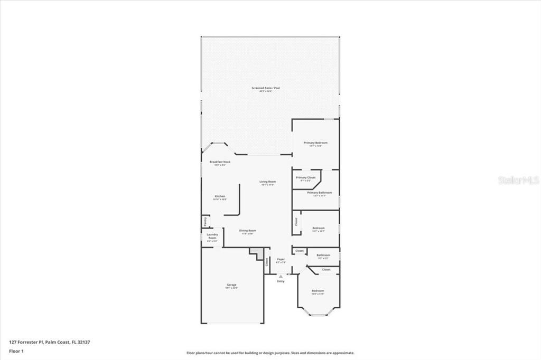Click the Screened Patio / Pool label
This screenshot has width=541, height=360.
(x=269, y=88)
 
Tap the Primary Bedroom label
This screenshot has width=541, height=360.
(x=315, y=143)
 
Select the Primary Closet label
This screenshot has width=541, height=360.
(x=305, y=178)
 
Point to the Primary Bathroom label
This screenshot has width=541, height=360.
(x=320, y=193)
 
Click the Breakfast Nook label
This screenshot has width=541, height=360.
(x=220, y=162)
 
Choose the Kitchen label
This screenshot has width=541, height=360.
(x=220, y=196)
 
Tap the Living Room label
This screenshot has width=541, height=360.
(x=268, y=182)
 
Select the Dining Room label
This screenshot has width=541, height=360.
(x=248, y=231)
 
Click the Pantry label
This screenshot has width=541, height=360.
(x=204, y=222)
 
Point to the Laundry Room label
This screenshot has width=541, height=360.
(x=212, y=236)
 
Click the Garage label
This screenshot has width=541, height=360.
(x=231, y=285)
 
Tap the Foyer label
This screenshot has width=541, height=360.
(x=281, y=259)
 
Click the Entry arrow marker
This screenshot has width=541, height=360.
(x=281, y=276)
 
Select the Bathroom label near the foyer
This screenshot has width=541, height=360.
(x=323, y=255)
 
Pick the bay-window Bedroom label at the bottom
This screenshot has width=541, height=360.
(x=318, y=291)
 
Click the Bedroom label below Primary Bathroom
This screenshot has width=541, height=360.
(x=318, y=229)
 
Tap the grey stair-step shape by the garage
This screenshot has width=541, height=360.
(x=257, y=253)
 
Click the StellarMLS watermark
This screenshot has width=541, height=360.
(x=518, y=180)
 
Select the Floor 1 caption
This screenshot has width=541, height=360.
(x=16, y=350)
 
